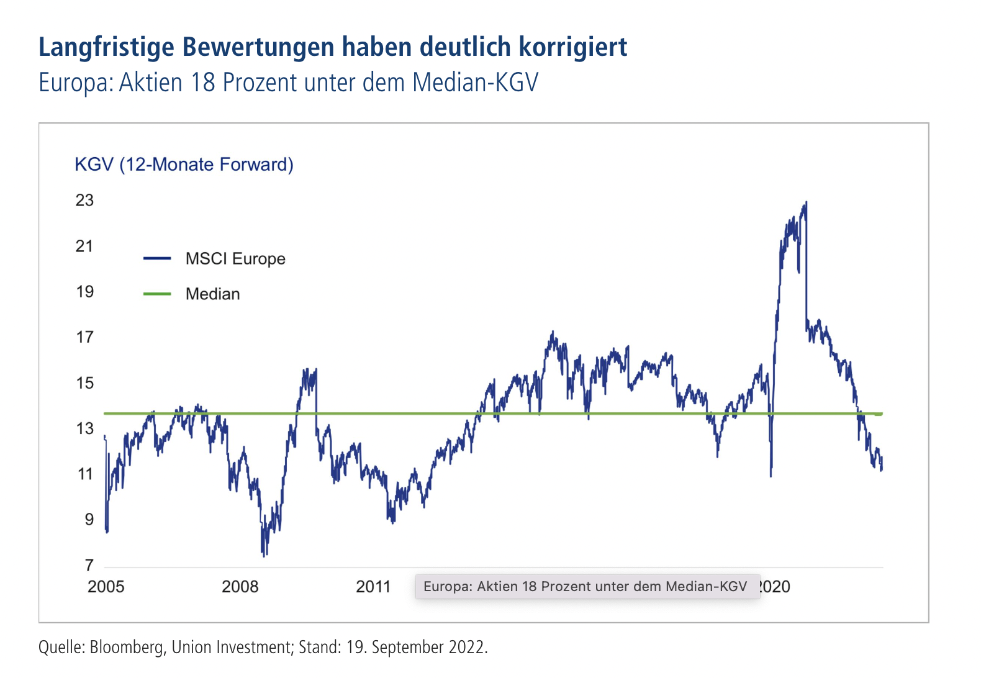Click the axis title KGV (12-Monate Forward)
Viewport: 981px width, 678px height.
pos(184,165)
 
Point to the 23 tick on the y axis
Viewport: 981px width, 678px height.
pos(84,201)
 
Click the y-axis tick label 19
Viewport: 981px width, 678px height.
pos(84,292)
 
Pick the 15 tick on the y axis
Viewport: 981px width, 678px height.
pos(84,383)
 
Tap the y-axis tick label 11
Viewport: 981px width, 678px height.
pos(84,474)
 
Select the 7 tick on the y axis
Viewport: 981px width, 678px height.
pos(89,565)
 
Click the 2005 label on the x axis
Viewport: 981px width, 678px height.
pos(106,587)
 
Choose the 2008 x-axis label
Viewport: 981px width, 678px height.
pos(240,587)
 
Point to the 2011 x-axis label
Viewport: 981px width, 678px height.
pos(373,587)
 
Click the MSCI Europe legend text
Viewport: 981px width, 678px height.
pos(235,259)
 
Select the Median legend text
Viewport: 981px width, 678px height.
pos(212,294)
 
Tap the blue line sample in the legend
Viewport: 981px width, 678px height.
pos(157,259)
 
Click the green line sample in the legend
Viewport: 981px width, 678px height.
pos(157,294)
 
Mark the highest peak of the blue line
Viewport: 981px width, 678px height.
pos(806,202)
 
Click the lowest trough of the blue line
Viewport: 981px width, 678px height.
pos(264,555)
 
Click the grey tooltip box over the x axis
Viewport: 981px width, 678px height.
pos(586,587)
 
